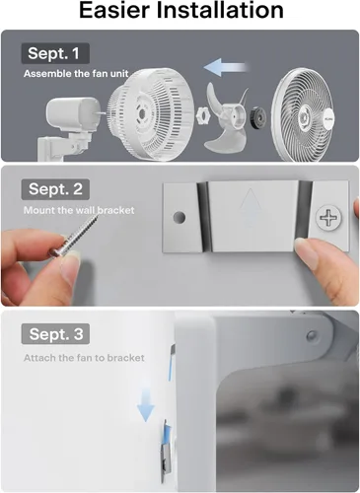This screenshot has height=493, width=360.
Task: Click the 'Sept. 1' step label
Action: (x=55, y=53)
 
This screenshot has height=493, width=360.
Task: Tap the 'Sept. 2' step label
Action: (x=55, y=189)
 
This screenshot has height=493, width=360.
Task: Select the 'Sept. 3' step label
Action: (x=55, y=334)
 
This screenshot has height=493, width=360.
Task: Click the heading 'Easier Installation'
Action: (x=181, y=10)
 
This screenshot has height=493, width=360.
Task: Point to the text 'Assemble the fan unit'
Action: (x=76, y=73)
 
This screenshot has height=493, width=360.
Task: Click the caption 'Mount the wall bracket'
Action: (x=79, y=210)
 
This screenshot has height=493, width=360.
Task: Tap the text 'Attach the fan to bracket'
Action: (x=84, y=358)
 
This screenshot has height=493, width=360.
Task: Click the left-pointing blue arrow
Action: (x=225, y=67)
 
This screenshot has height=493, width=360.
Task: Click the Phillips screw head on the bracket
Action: (x=328, y=217)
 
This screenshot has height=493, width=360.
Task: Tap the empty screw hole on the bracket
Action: (x=180, y=217)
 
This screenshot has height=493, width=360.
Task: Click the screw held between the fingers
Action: (x=75, y=234)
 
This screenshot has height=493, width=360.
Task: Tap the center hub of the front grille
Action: (x=303, y=116)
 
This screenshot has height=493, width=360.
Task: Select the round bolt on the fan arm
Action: (x=311, y=335)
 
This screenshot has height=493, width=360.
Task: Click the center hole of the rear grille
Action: (x=143, y=113)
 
